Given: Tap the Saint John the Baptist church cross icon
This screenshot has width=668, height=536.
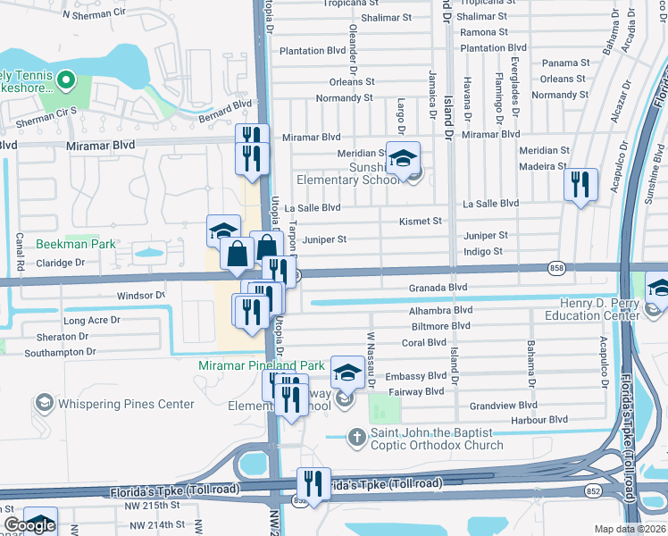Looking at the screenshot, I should click(356, 438).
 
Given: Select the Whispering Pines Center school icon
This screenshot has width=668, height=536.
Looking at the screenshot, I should click(43, 404).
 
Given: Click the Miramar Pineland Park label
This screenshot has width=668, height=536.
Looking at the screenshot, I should click(262, 365).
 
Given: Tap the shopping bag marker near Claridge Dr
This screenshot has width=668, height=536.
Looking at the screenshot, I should click(238, 254).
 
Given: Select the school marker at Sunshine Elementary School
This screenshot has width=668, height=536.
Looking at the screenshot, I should click(403, 157).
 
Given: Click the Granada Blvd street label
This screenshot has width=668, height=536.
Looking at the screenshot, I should click(438, 288).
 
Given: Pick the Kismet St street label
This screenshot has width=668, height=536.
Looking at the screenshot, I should click(421, 221).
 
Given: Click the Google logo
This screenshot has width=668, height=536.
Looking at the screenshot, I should click(29, 525).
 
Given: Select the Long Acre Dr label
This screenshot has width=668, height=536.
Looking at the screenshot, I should click(91, 320).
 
